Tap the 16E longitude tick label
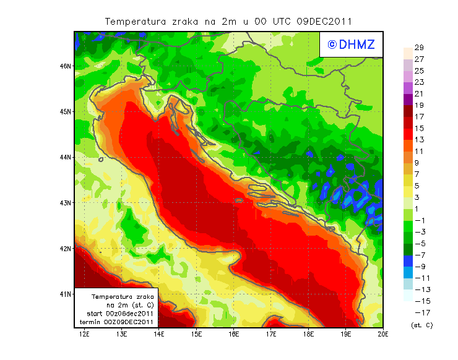234,334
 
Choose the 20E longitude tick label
383,334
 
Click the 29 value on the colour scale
418,48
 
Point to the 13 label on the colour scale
418,140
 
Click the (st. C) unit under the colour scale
421,325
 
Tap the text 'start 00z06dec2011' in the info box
121,314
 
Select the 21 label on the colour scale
418,94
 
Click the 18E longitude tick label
308,334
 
